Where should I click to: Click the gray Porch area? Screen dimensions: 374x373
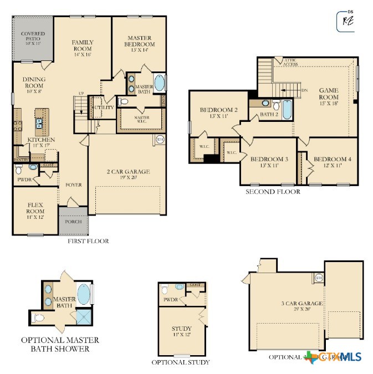tap(73, 222)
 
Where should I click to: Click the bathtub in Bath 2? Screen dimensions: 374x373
tap(287, 110)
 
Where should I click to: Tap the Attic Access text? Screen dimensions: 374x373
tap(290, 62)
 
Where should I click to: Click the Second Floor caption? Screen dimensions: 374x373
tap(273, 192)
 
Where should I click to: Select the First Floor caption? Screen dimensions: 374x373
tap(88, 241)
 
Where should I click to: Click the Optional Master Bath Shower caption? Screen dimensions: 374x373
tap(60, 344)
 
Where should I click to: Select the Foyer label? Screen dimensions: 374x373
tap(74, 185)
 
